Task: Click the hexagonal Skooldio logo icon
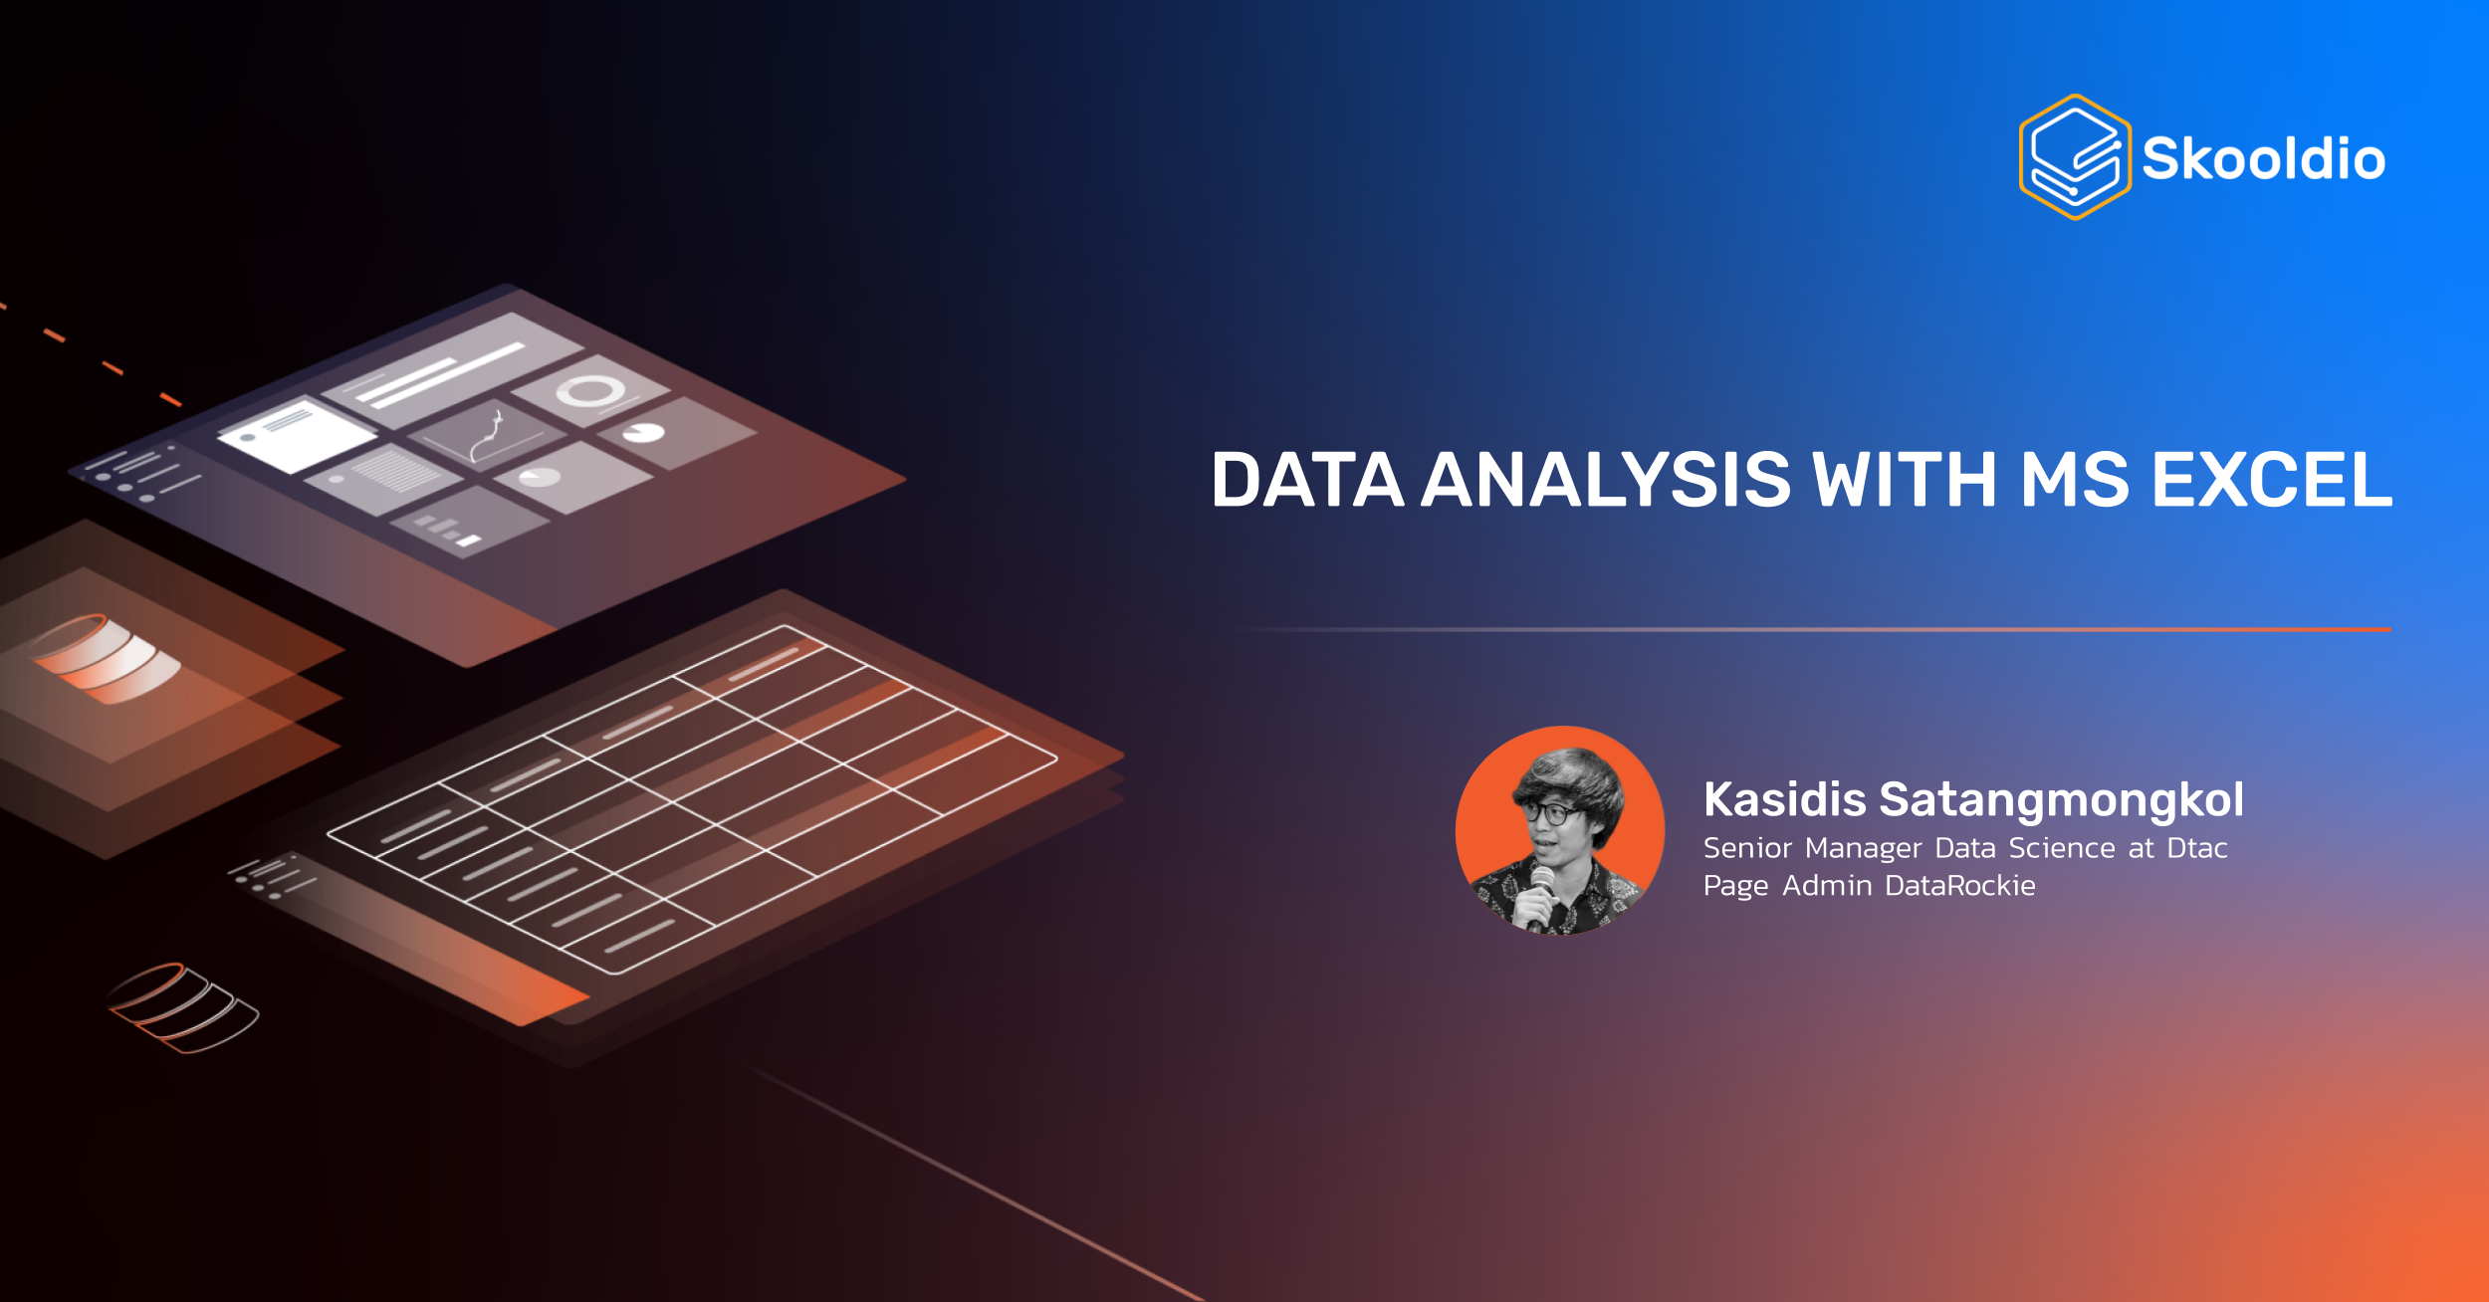(2075, 156)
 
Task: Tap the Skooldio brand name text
(2264, 159)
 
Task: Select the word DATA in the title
(1307, 480)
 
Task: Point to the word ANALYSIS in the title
(1606, 480)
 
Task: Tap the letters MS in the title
(2074, 480)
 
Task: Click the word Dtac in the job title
(2197, 848)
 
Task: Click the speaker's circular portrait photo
(1560, 830)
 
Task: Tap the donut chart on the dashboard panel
(591, 390)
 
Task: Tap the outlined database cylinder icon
(183, 1007)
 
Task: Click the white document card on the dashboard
(297, 435)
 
